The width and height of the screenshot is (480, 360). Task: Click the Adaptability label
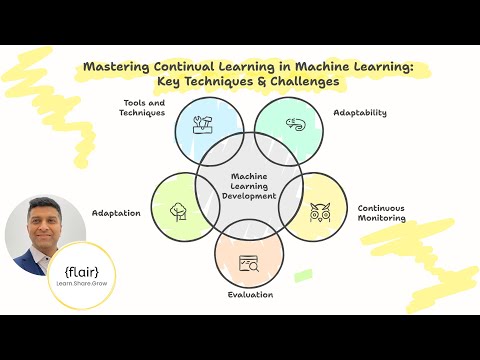point(359,112)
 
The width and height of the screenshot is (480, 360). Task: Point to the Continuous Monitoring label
point(381,213)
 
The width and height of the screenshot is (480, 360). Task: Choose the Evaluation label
point(249,295)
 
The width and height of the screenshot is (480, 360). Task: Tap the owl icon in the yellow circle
point(320,212)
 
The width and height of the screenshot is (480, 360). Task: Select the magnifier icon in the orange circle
point(249,264)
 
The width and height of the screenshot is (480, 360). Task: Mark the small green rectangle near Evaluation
point(303,274)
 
